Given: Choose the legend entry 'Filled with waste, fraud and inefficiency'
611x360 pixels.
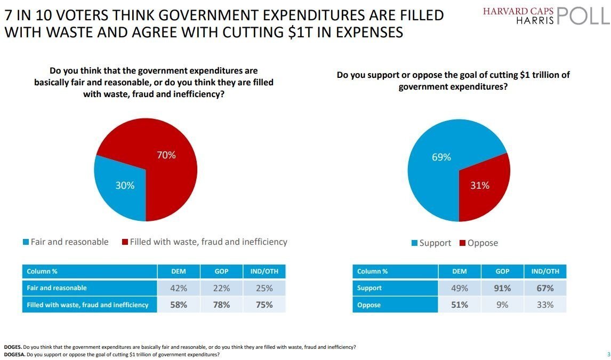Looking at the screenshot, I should coord(205,242).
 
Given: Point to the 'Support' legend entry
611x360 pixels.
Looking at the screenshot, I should coord(431,243).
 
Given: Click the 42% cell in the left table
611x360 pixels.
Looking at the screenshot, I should coord(179,288).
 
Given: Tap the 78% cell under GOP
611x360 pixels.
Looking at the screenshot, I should coord(221,305).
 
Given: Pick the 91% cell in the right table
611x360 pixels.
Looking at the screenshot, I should coord(502,288).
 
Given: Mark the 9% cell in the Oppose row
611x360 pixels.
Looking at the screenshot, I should coord(502,305).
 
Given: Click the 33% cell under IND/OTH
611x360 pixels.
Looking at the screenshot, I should coord(545,305).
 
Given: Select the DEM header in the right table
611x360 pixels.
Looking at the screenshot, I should coord(460,271).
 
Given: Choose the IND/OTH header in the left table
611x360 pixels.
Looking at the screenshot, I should coord(264,271).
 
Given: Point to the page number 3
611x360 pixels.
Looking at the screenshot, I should coord(608,354).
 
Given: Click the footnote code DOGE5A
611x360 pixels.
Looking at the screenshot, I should coord(14,355).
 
